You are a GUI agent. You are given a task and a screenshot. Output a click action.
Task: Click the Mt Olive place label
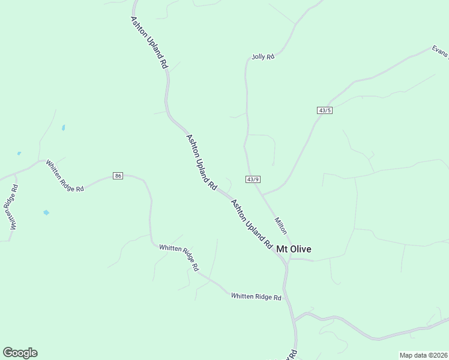pos(294,249)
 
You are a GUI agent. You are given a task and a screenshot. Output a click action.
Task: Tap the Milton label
pos(281,225)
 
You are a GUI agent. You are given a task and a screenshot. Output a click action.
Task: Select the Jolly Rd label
pos(263,57)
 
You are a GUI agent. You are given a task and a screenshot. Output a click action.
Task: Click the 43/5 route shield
pos(325,110)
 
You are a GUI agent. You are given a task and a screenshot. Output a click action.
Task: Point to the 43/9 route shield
pos(253,179)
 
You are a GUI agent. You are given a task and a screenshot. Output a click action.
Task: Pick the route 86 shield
pos(118,176)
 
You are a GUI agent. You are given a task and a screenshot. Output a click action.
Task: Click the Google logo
pos(20,353)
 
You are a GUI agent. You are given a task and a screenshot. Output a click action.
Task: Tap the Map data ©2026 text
pos(423,355)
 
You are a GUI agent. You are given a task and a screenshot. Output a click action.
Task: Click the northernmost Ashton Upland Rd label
pos(148,43)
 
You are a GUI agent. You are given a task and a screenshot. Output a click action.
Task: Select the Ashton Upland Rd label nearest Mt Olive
pos(252,224)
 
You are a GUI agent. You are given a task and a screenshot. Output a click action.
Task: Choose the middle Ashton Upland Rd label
pos(202,162)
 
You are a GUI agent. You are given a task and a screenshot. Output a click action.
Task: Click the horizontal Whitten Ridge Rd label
pos(256,297)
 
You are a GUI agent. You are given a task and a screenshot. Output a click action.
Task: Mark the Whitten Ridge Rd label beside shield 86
pos(65,177)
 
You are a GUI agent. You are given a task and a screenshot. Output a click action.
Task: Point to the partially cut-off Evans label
pos(441,53)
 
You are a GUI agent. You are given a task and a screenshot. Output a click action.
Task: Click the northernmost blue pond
pos(63,128)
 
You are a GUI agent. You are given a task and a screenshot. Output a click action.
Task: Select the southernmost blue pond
pos(46,212)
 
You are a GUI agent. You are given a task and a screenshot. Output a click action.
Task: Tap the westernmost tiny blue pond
pos(19,154)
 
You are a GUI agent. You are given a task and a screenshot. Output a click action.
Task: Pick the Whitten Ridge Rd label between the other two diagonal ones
pos(178,257)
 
